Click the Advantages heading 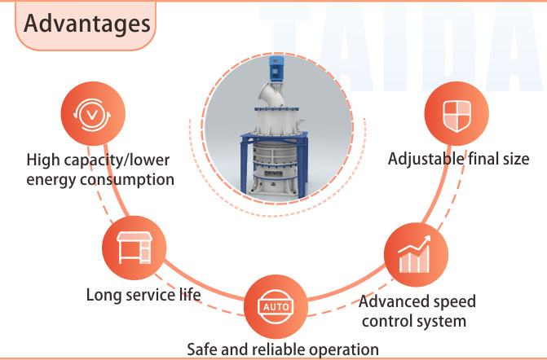tap(86, 22)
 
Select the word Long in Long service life tap(104, 293)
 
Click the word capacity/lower tap(121, 158)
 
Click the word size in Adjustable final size tap(515, 159)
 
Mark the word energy tap(51, 178)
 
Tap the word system tap(442, 320)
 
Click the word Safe tap(202, 349)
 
